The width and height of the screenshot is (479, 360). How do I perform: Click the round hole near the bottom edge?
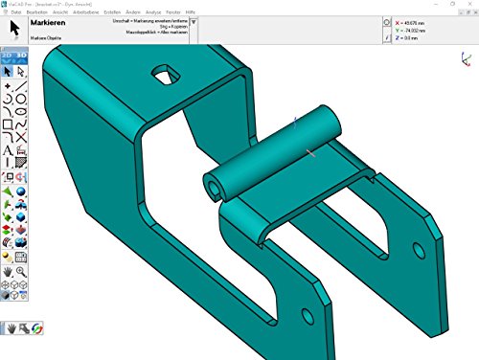(304, 317)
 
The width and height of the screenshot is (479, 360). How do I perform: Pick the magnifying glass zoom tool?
(21, 272)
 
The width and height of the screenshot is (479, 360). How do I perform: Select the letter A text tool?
(8, 151)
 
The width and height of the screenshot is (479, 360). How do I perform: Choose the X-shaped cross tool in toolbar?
(21, 138)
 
